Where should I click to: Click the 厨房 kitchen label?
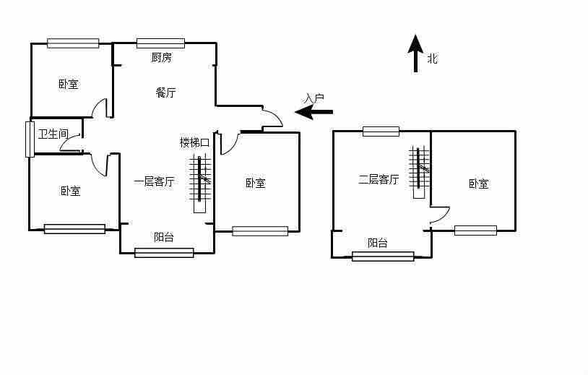(161, 58)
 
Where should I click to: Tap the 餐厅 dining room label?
(165, 92)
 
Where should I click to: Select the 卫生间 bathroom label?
(53, 134)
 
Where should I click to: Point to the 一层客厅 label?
(154, 181)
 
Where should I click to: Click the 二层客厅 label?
(379, 179)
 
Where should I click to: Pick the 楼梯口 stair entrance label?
(194, 142)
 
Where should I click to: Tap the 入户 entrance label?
(314, 98)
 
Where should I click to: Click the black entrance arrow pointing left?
(314, 112)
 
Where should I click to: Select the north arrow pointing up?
(415, 53)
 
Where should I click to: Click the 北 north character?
(432, 59)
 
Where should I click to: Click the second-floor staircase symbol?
(419, 172)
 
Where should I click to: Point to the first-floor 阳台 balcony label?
(163, 237)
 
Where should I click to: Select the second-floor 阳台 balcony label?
(377, 243)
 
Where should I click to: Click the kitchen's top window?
(160, 43)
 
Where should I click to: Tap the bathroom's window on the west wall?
(30, 139)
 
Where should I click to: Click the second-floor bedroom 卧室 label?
(478, 184)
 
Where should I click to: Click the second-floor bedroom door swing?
(439, 215)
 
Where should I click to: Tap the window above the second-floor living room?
(381, 132)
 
